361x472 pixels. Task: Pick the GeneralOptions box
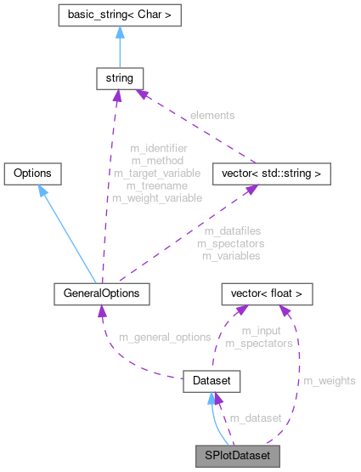click(101, 293)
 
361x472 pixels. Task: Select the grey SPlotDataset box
click(236, 455)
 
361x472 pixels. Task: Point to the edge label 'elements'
click(213, 114)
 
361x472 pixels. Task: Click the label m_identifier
click(158, 148)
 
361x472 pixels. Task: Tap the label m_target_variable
click(157, 173)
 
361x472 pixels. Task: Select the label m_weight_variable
click(157, 197)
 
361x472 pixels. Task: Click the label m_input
click(258, 331)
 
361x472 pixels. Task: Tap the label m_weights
click(330, 379)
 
